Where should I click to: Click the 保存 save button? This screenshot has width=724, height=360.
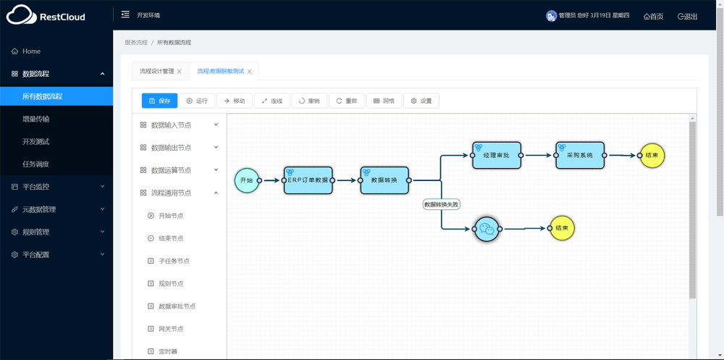(159, 101)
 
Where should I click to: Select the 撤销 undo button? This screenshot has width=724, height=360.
(309, 101)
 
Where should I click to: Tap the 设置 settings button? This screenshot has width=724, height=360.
(421, 101)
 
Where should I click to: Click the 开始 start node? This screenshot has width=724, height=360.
(247, 180)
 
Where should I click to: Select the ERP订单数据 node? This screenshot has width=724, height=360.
(308, 180)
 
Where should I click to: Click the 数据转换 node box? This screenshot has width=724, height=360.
(384, 180)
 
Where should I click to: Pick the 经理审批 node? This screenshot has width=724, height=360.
(497, 155)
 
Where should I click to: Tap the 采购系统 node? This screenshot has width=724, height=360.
(580, 155)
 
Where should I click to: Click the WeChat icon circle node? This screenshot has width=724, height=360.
(487, 228)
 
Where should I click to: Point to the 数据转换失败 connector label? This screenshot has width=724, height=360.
(442, 204)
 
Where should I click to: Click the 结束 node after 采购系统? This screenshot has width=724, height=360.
(652, 155)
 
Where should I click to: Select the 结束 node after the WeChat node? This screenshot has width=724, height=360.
(562, 228)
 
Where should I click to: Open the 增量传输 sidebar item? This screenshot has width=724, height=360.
(36, 120)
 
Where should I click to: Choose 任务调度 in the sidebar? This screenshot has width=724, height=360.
(36, 164)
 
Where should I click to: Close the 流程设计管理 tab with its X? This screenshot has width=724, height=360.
(179, 72)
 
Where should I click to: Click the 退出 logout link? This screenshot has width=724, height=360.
(688, 17)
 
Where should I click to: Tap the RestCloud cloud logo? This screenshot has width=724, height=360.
(21, 14)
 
